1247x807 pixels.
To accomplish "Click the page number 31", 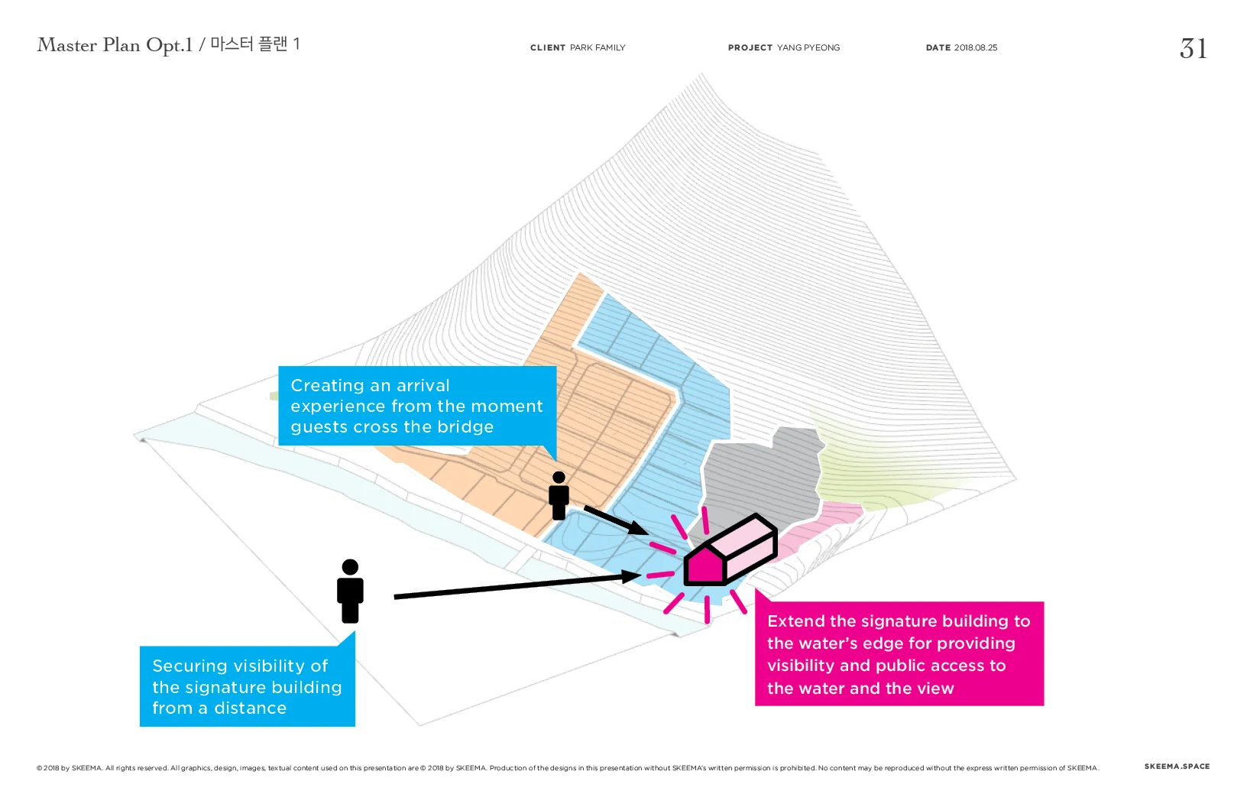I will point(1193,49).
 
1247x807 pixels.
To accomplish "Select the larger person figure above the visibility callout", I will point(350,591).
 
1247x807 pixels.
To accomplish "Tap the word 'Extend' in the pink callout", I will point(795,621).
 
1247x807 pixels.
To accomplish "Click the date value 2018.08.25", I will point(976,47).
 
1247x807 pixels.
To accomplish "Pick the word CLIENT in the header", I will point(548,47).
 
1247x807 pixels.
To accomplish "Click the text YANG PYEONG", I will point(808,47).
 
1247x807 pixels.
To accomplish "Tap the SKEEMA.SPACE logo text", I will point(1177,766).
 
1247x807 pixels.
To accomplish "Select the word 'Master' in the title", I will point(67,45).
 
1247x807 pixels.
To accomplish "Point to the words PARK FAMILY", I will point(598,47).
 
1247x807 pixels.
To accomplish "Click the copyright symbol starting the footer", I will point(39,768).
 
